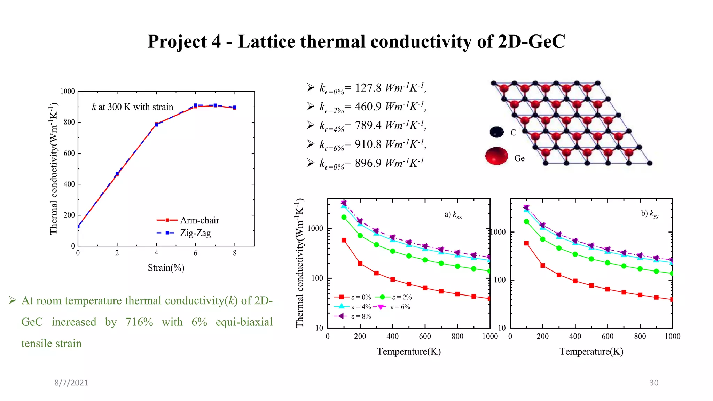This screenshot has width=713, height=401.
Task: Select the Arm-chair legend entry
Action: pyautogui.click(x=199, y=220)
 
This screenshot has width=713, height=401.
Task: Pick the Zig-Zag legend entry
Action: pyautogui.click(x=195, y=233)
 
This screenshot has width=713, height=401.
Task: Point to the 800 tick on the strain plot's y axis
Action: pyautogui.click(x=69, y=122)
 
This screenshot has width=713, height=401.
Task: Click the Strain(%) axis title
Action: pyautogui.click(x=166, y=268)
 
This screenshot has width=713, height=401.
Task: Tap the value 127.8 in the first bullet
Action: pyautogui.click(x=368, y=87)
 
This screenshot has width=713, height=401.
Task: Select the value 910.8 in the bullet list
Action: pyautogui.click(x=368, y=144)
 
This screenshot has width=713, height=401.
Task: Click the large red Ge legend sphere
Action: pyautogui.click(x=496, y=156)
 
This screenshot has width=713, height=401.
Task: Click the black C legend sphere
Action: pyautogui.click(x=496, y=132)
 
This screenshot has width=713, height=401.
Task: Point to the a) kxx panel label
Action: pyautogui.click(x=453, y=214)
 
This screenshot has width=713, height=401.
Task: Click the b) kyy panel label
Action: pyautogui.click(x=650, y=214)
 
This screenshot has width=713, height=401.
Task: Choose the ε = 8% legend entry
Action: pyautogui.click(x=361, y=316)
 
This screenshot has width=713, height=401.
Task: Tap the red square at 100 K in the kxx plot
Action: pyautogui.click(x=344, y=240)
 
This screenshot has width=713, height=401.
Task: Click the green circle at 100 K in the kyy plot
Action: pyautogui.click(x=526, y=222)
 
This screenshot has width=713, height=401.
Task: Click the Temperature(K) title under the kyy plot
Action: pyautogui.click(x=591, y=352)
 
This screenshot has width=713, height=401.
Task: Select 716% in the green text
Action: pyautogui.click(x=139, y=322)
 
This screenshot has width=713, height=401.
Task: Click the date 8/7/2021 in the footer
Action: pyautogui.click(x=71, y=383)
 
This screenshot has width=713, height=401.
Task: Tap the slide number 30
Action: pyautogui.click(x=654, y=383)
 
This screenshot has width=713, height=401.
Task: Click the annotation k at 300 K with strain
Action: pyautogui.click(x=132, y=107)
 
